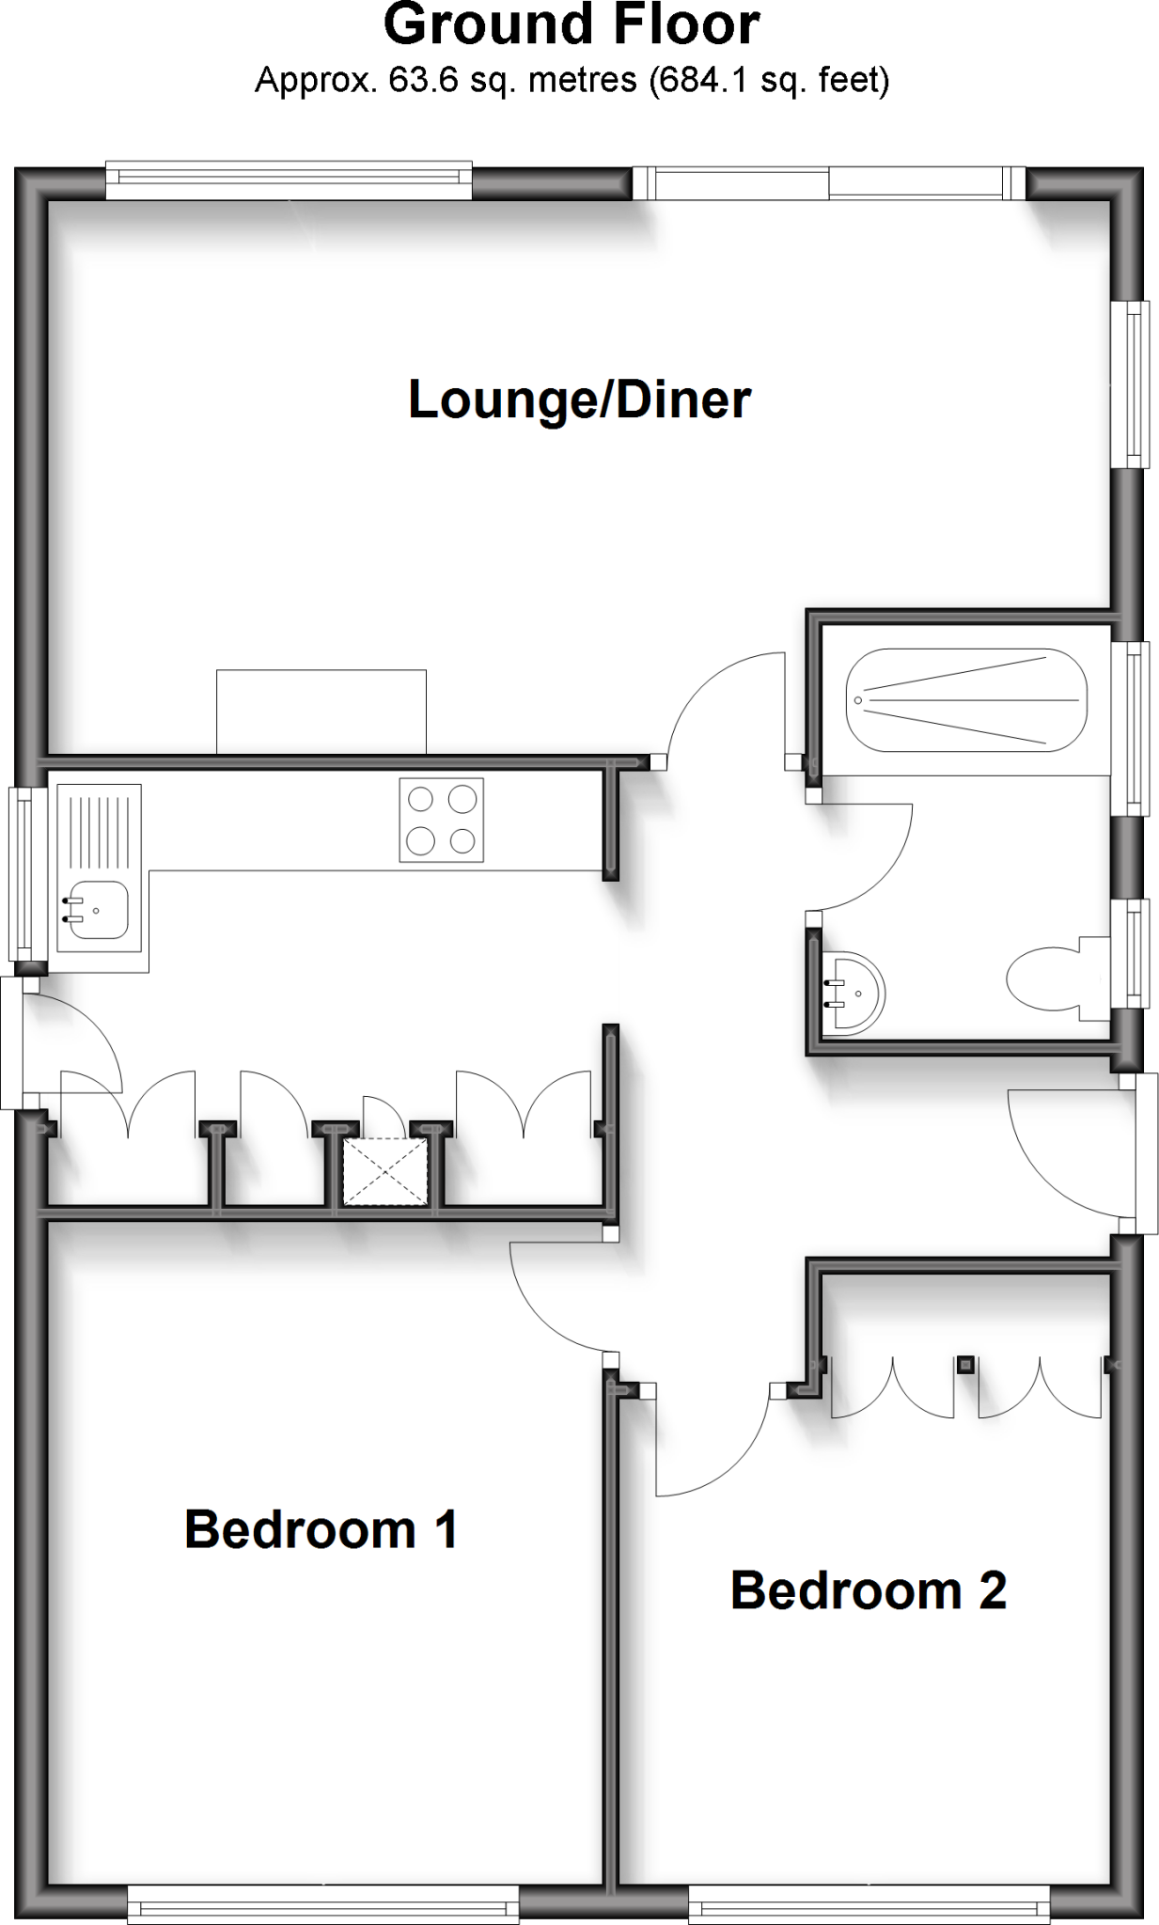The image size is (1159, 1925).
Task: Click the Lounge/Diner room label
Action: pos(579,400)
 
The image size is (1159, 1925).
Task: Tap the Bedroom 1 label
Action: pos(321,1529)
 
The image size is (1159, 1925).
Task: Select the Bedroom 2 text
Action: pos(868,1590)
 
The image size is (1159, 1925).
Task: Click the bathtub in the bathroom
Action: pos(965,700)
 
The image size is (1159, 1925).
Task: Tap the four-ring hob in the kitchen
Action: pos(441,820)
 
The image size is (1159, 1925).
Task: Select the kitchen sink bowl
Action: pos(97,910)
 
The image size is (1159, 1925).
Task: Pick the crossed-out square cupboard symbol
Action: pos(384,1171)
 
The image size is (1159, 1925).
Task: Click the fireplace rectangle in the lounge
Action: pos(321,712)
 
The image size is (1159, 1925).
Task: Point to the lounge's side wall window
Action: pos(1131,383)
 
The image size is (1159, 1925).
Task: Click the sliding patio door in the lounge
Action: pos(829,183)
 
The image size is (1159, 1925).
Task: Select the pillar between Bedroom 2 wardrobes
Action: pos(965,1364)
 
